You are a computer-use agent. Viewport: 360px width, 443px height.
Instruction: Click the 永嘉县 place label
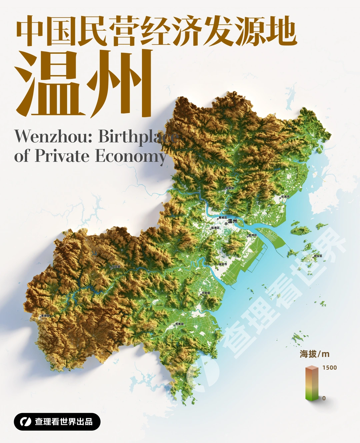pyautogui.click(x=230, y=188)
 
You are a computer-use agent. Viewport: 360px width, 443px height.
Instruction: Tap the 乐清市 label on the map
pyautogui.click(x=285, y=197)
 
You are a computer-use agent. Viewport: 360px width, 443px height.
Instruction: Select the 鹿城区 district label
pyautogui.click(x=223, y=218)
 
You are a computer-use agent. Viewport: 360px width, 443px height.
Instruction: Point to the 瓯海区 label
pyautogui.click(x=215, y=228)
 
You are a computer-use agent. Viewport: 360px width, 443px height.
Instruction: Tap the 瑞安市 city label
pyautogui.click(x=223, y=264)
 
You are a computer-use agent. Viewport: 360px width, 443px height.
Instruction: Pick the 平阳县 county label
pyautogui.click(x=206, y=293)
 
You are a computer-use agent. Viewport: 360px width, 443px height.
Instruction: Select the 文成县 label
pyautogui.click(x=116, y=267)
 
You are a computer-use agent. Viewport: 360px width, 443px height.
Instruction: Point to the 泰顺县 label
pyautogui.click(x=45, y=316)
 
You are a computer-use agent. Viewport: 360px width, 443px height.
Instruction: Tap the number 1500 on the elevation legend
pyautogui.click(x=329, y=368)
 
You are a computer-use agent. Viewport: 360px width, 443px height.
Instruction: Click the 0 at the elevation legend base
pyautogui.click(x=324, y=398)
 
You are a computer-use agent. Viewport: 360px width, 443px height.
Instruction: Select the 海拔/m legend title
pyautogui.click(x=314, y=354)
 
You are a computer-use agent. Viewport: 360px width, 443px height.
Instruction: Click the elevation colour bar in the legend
pyautogui.click(x=312, y=383)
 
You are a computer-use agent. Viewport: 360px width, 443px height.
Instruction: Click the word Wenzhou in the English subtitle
pyautogui.click(x=53, y=136)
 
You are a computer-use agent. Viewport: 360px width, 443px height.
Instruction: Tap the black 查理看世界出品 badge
pyautogui.click(x=57, y=422)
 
